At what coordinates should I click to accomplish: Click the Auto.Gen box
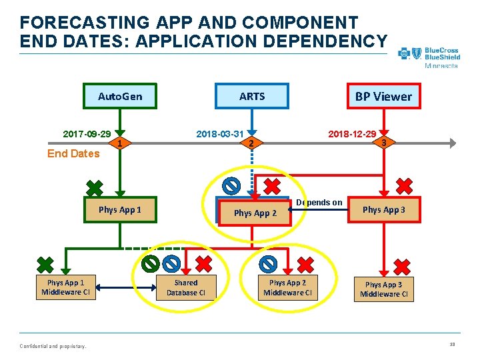click(x=120, y=96)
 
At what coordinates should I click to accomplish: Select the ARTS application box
click(x=252, y=96)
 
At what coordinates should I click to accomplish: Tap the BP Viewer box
click(x=383, y=96)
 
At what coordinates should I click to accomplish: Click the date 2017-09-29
click(x=87, y=134)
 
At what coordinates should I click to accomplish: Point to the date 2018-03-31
click(x=219, y=134)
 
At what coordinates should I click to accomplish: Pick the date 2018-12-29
click(x=351, y=134)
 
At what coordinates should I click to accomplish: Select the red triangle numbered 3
click(x=383, y=141)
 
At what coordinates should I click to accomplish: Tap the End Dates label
click(x=73, y=154)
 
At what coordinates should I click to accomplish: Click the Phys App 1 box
click(x=120, y=210)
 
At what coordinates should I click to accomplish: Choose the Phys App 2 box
click(x=255, y=213)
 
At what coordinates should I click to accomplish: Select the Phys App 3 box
click(x=383, y=210)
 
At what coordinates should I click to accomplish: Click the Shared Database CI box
click(x=186, y=287)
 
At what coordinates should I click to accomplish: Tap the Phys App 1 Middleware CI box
click(x=65, y=287)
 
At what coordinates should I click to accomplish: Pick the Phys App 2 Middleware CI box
click(x=288, y=287)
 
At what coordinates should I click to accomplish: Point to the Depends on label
click(x=319, y=203)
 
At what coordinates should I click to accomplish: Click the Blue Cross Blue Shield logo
click(x=429, y=57)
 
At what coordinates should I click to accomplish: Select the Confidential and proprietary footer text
click(x=53, y=345)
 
